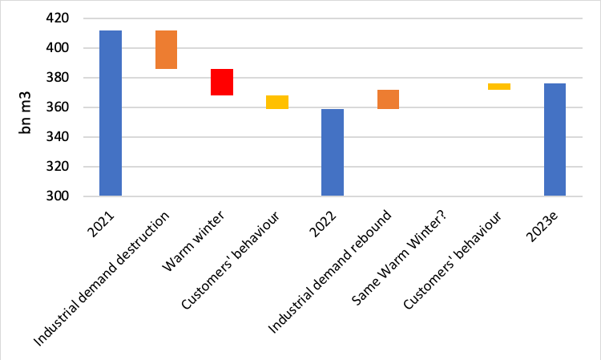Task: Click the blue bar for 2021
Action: tap(111, 113)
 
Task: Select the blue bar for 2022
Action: tap(333, 152)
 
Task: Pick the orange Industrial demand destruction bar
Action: tap(166, 50)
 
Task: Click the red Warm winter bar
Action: tap(222, 82)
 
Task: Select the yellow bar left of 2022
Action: tap(277, 102)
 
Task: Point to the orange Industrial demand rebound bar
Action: tap(388, 99)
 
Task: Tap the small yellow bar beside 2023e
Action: tap(499, 87)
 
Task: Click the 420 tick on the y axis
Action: tap(72, 18)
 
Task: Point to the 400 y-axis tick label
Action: tap(72, 48)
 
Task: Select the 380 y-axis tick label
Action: tap(72, 78)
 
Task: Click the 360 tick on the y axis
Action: tap(72, 107)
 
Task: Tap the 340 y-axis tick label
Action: tap(72, 137)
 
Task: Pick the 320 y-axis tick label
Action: tap(72, 167)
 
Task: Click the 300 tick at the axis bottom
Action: tap(72, 196)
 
